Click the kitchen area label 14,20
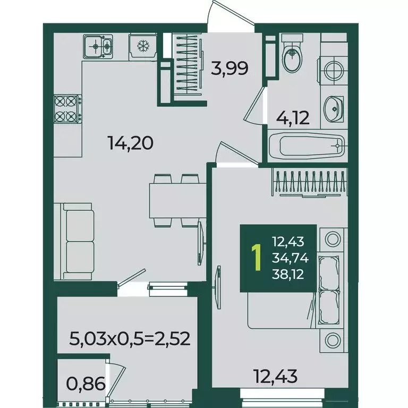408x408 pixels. (131, 143)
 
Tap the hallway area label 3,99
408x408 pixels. (229, 69)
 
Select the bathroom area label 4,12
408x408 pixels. (293, 118)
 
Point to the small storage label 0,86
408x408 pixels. (86, 384)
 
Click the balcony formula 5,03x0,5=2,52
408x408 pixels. (130, 339)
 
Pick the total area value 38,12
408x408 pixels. (288, 274)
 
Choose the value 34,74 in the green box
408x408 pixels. (291, 258)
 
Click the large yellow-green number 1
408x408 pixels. (257, 258)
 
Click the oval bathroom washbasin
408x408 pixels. (333, 109)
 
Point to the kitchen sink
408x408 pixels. (98, 46)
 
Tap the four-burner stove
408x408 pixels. (67, 109)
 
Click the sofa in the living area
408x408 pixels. (74, 242)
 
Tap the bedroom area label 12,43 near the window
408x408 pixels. (276, 377)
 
